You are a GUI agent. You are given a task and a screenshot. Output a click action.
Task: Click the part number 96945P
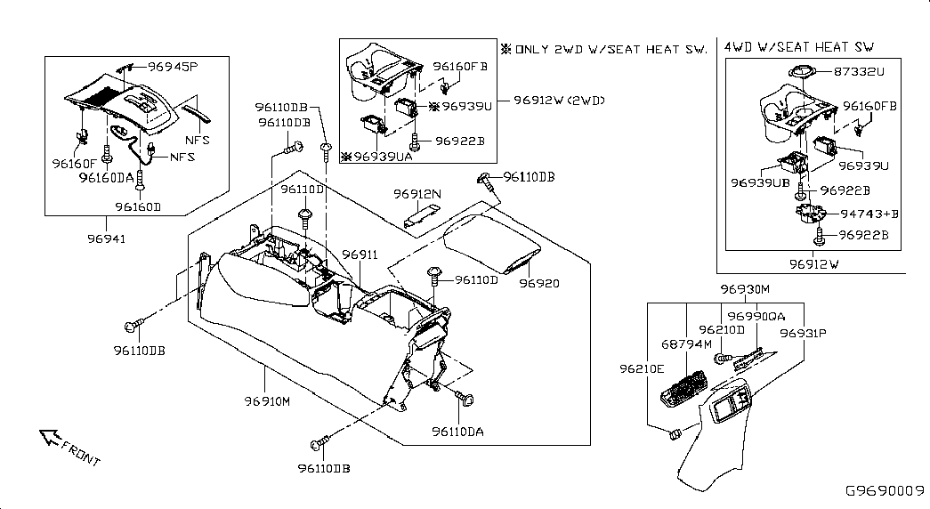(x=173, y=67)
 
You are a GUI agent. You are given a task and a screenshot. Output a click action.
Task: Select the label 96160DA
(x=106, y=178)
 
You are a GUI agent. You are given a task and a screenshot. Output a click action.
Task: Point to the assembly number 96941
(x=106, y=238)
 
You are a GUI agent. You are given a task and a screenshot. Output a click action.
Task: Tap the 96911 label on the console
(x=361, y=255)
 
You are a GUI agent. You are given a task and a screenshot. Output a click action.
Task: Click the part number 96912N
(x=417, y=193)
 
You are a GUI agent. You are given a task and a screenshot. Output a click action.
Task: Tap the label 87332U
(x=860, y=70)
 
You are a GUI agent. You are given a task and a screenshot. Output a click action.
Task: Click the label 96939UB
(x=760, y=182)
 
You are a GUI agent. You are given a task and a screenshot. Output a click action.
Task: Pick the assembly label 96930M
(x=745, y=290)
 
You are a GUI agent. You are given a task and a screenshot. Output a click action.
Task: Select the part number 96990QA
(x=756, y=317)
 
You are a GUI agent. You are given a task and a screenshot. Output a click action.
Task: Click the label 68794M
(x=686, y=344)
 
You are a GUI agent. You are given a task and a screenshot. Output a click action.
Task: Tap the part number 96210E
(x=642, y=368)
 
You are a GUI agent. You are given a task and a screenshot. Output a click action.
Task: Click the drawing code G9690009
(x=885, y=490)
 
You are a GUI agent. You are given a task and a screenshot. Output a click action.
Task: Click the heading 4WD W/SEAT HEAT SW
(x=798, y=46)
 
